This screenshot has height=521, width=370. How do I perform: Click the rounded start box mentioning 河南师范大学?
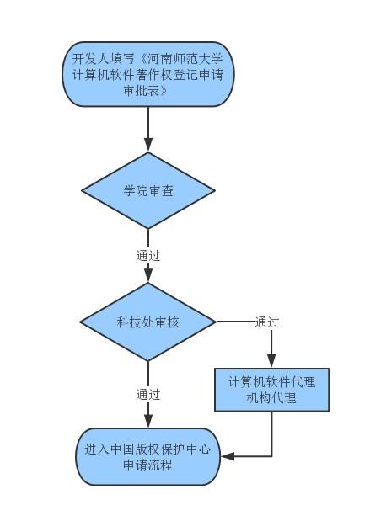point(148,74)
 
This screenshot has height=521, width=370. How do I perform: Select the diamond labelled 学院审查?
point(148,190)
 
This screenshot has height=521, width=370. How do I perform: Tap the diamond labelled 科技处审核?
point(148,322)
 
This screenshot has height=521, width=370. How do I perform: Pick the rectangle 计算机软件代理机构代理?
point(271,390)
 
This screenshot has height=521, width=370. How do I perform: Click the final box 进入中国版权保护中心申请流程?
point(148,456)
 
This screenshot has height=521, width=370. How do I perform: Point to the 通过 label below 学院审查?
point(148,256)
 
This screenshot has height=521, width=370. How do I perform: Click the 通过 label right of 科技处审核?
point(267,322)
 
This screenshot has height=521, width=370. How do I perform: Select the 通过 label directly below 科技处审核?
point(148,395)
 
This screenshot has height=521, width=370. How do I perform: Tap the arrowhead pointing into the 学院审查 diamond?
point(148,146)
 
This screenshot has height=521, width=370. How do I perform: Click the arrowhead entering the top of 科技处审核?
point(148,276)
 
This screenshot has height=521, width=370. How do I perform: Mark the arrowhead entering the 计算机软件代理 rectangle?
point(271,361)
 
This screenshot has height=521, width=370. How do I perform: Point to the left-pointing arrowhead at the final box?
point(228,456)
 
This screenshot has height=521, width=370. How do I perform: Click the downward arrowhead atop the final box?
point(148,421)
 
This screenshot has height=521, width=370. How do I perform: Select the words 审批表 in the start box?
point(142,90)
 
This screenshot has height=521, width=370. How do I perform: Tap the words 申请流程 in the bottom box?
point(148,465)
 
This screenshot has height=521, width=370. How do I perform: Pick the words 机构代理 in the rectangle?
point(271,397)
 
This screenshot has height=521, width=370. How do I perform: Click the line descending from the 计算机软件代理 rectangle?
point(271,434)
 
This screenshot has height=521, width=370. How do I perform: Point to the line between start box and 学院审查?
point(148,123)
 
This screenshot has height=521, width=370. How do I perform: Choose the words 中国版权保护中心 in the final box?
point(161,449)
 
